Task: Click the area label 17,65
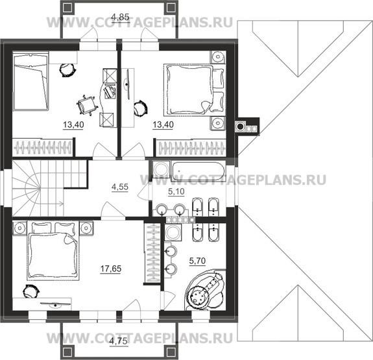point(111,269)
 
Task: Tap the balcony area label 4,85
point(121,18)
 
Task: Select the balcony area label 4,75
point(119,341)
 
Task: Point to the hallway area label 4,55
point(120,187)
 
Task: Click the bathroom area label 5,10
point(176,191)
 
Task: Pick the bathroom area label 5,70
point(197,261)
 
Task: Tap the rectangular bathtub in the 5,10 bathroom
point(198,171)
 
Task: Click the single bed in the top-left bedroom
point(30,81)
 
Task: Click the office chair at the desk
point(87,105)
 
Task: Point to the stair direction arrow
point(52,204)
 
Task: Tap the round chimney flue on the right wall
point(240,126)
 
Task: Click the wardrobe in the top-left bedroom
point(42,147)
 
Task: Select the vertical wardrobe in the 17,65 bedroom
point(152,253)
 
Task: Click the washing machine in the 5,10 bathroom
point(161,169)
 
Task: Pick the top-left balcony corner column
point(67,8)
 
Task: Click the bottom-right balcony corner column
point(171,352)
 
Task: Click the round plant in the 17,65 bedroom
point(30,291)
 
